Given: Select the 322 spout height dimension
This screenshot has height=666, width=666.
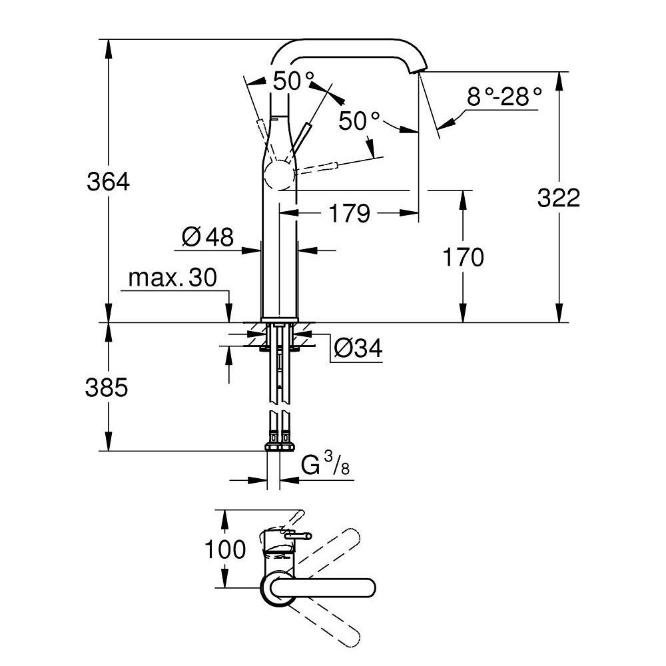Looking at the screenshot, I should (559, 198).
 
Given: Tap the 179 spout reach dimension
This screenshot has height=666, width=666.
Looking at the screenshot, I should (348, 214).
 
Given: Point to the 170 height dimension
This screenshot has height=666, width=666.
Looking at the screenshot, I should (462, 256).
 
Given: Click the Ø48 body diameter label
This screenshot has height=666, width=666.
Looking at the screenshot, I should (207, 236).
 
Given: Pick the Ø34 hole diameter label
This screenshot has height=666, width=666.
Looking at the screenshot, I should (358, 348).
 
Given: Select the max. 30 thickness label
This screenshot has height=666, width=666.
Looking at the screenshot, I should (172, 278).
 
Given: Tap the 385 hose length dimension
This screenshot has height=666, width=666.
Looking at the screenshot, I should (107, 388).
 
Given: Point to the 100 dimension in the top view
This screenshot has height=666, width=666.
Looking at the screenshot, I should (225, 550).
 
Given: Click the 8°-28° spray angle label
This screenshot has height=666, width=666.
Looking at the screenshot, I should (503, 97).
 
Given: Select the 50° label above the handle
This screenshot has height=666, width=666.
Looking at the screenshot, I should (293, 81).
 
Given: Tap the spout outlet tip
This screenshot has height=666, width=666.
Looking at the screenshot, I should (418, 72).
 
